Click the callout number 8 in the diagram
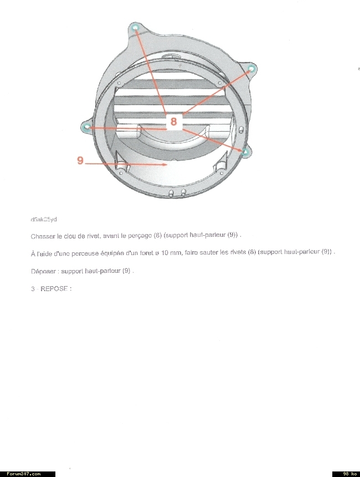pos(173,122)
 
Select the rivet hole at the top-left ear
pos(135,27)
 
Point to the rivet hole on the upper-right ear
pos(251,69)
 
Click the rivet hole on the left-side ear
pos(85,128)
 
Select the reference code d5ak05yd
pos(44,219)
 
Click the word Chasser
pos(43,236)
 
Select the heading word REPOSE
pos(56,288)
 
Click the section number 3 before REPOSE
pos(33,288)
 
